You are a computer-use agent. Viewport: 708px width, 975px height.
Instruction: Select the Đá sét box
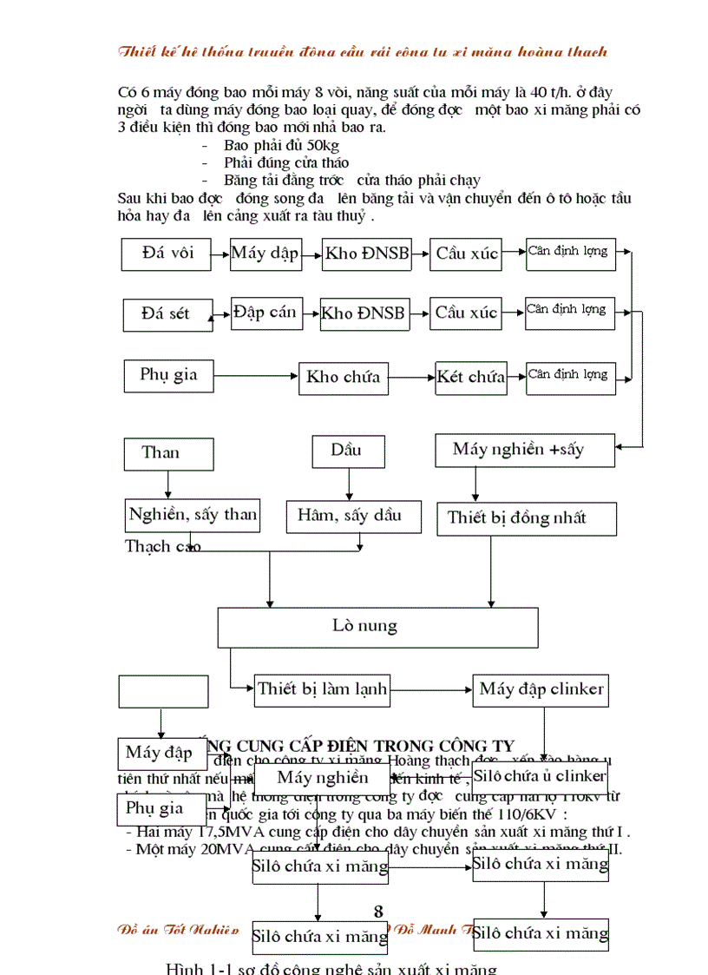pos(167,313)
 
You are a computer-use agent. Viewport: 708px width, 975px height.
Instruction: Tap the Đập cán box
pos(265,313)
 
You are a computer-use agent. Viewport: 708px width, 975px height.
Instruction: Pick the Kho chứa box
pos(342,377)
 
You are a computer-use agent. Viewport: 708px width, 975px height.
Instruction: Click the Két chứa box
pos(471,377)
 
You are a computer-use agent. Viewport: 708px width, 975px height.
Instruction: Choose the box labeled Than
pos(161,452)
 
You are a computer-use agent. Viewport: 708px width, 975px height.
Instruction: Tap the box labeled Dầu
pos(345,450)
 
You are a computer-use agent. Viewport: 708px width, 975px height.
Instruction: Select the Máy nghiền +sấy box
pos(524,449)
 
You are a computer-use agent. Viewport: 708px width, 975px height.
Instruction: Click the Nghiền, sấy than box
pos(193,515)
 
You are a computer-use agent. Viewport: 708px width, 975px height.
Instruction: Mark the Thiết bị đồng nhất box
pos(526,518)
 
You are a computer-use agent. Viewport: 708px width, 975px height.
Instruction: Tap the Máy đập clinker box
pos(541,689)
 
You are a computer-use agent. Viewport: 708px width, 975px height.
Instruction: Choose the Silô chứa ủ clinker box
pos(540,776)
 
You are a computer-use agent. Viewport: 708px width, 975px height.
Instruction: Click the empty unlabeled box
pos(163,692)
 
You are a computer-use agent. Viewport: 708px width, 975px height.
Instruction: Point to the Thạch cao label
pos(163,546)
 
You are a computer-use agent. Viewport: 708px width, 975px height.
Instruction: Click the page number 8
pos(377,911)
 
